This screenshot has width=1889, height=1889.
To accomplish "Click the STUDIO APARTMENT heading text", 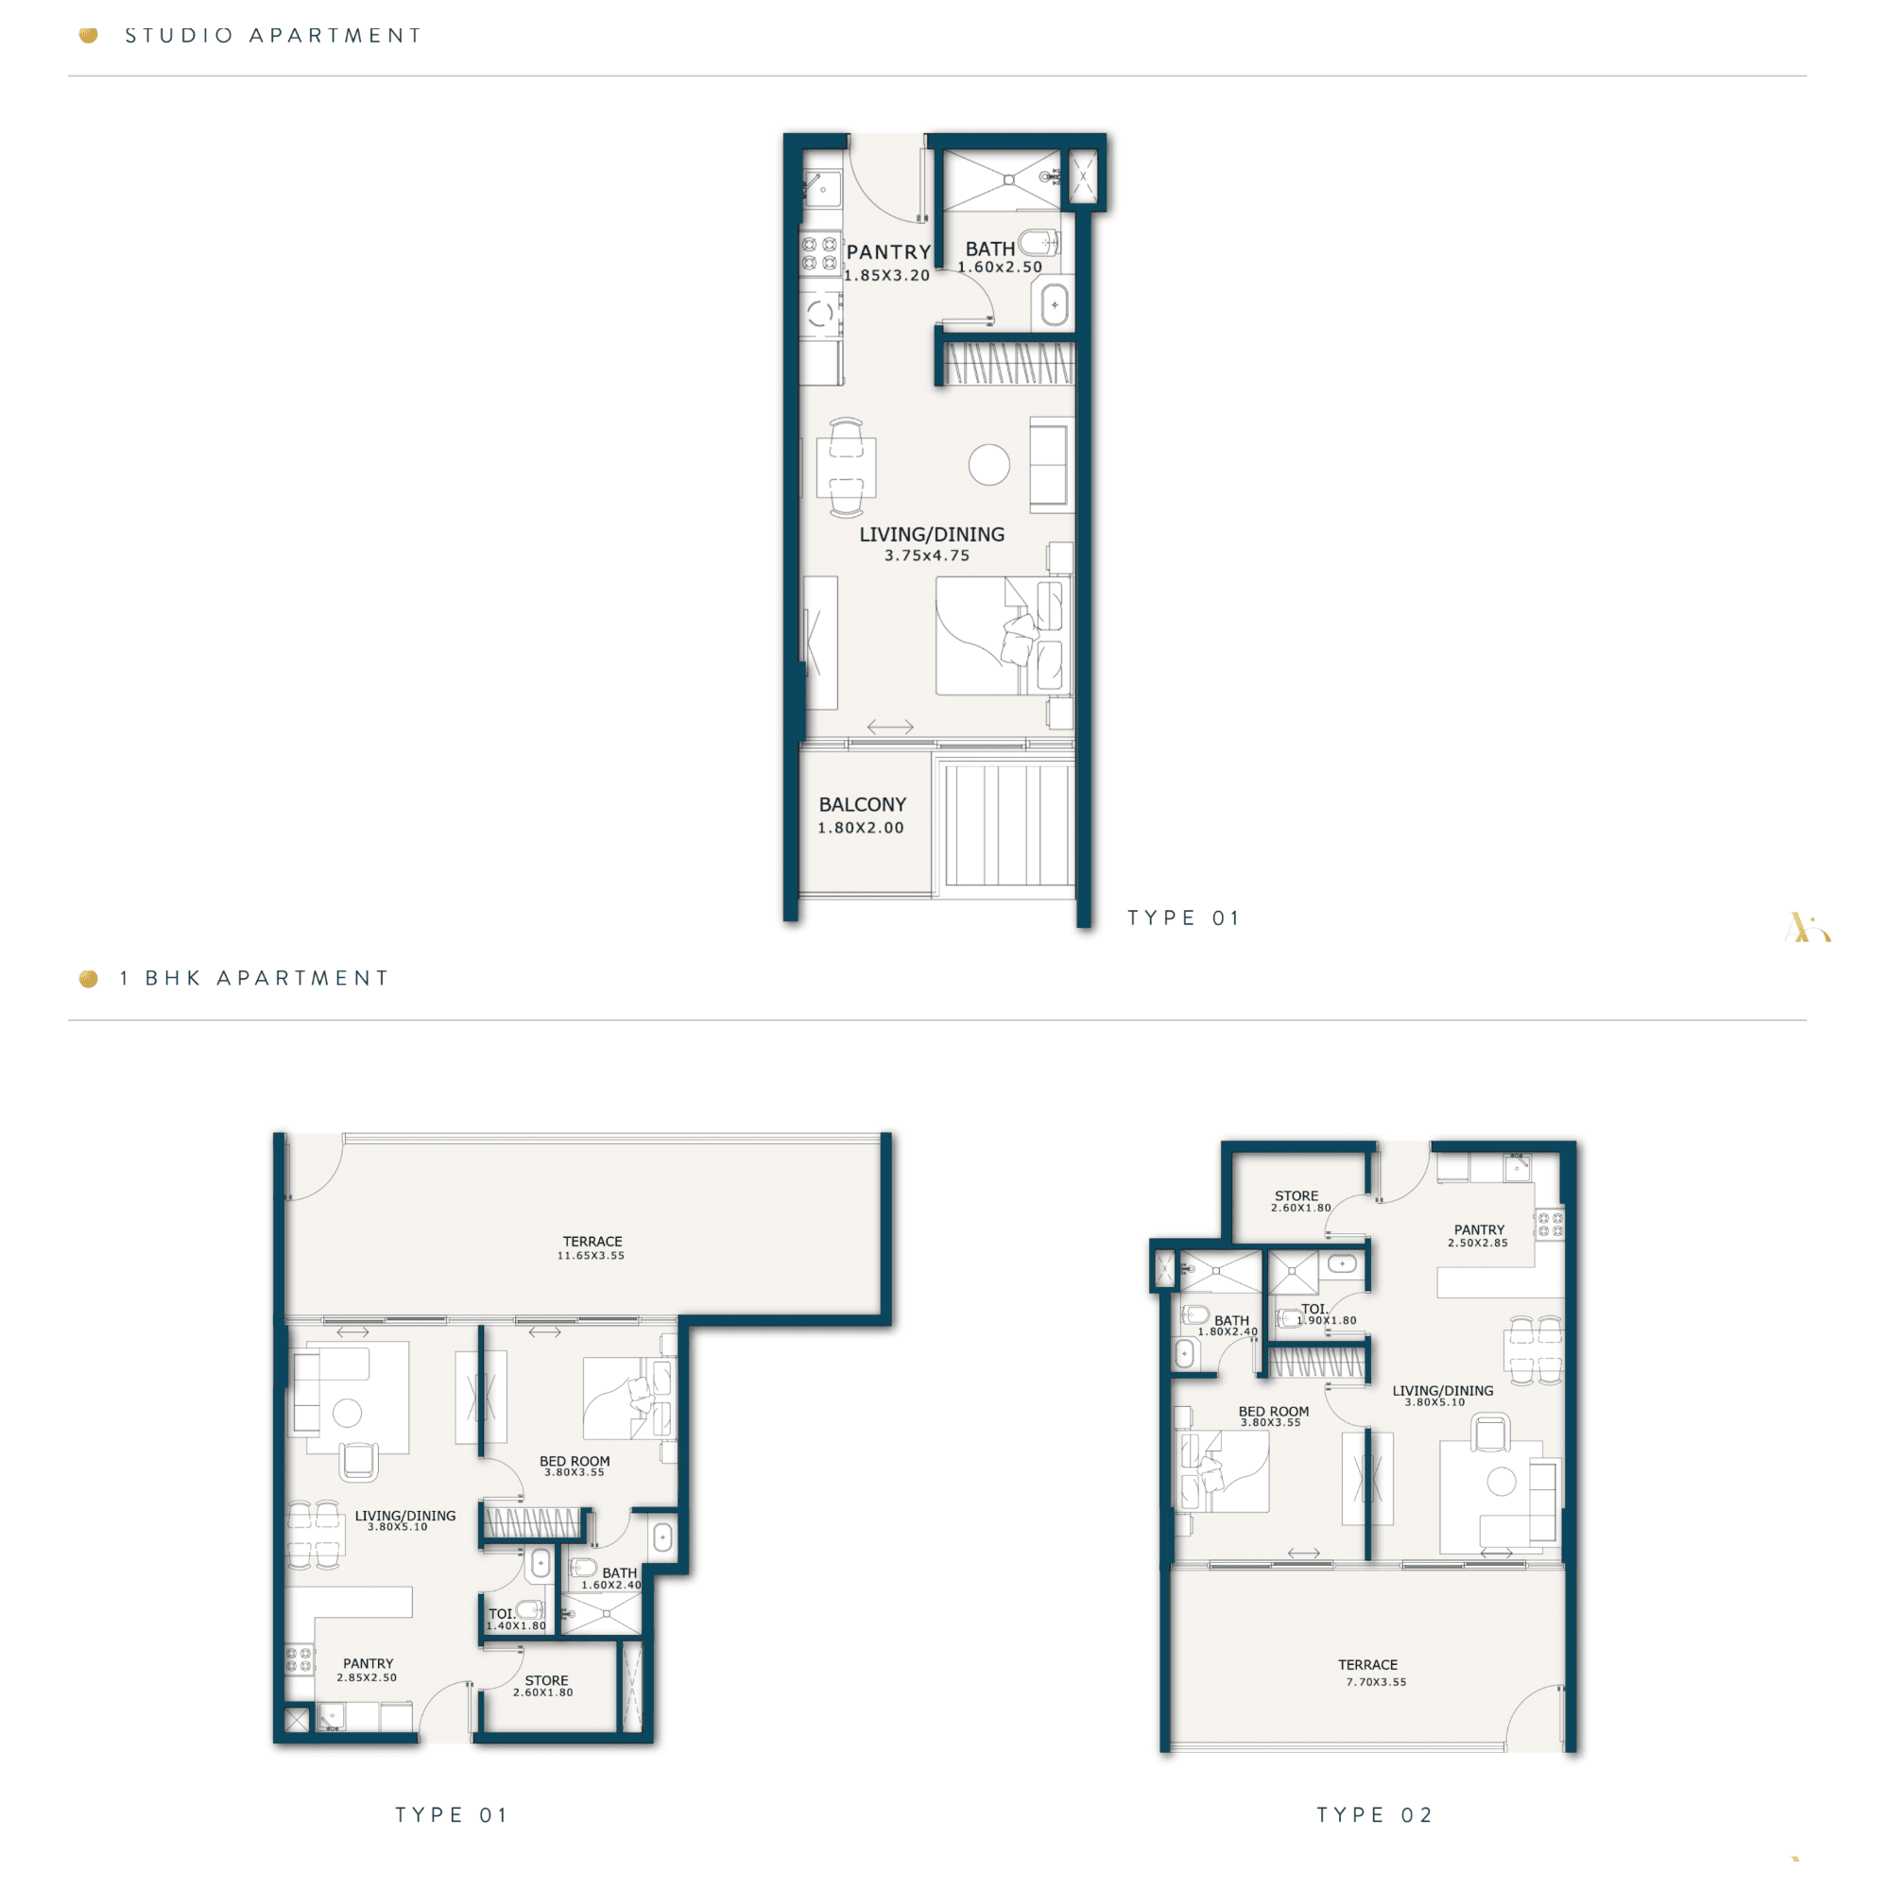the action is point(274,36).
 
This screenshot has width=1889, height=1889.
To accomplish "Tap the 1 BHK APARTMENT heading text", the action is point(254,979).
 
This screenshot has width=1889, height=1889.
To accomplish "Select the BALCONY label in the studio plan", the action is point(863,805).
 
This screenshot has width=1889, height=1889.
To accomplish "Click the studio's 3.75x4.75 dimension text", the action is point(927,556).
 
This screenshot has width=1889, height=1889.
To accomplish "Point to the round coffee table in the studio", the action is point(989,464).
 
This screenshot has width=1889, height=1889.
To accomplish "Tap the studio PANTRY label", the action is point(889,252).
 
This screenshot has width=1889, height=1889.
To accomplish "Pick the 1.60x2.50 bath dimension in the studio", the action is point(999,266).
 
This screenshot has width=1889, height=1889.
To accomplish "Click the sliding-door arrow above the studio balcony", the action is point(891,727).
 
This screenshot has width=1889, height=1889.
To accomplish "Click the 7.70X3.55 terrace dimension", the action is point(1376,1682).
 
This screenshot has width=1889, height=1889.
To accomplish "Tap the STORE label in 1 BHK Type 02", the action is point(1297,1195).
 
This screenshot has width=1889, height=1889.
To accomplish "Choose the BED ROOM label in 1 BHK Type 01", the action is point(575,1461).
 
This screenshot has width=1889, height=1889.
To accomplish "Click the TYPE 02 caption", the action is point(1375,1815).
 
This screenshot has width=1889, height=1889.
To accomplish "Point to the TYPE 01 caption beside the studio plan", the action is point(1183,919).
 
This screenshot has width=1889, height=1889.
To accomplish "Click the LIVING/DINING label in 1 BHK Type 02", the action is point(1443,1390).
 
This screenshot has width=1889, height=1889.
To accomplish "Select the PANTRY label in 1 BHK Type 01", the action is point(369,1663).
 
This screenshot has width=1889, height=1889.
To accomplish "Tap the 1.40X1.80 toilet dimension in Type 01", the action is point(517,1626).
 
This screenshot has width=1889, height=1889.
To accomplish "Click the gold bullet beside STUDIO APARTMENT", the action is point(88,36).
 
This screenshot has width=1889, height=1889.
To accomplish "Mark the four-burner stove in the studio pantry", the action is point(819,253).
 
